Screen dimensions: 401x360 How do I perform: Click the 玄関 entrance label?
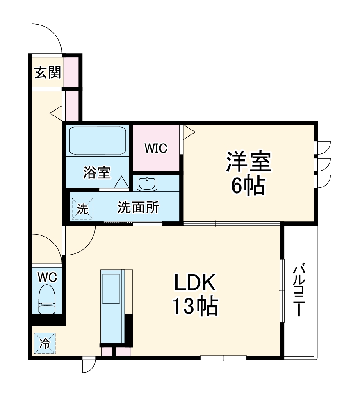tap(48, 73)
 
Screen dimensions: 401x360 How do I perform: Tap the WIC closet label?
tap(155, 148)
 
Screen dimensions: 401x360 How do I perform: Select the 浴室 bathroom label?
tap(97, 173)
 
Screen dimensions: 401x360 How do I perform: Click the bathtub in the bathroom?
tap(97, 141)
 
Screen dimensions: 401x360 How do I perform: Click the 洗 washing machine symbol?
tap(83, 208)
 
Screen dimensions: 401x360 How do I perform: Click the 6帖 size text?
tap(248, 187)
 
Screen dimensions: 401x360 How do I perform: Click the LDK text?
tap(195, 283)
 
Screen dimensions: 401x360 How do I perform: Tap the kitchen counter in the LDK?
tap(111, 306)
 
